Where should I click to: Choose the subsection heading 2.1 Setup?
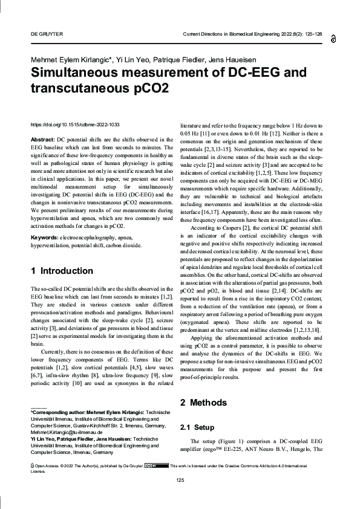point(198,427)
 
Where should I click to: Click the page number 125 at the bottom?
point(180,480)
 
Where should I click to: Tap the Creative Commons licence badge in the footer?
point(157,466)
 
